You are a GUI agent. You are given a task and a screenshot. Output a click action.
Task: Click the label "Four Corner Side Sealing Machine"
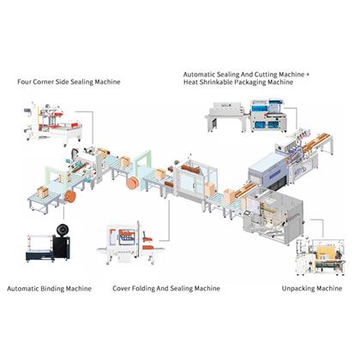point(69,81)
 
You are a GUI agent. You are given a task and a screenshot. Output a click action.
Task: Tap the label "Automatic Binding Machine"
point(49,289)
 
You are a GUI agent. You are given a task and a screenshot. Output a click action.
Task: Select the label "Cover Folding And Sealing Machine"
point(166,288)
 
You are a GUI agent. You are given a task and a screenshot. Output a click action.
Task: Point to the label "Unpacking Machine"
point(312,288)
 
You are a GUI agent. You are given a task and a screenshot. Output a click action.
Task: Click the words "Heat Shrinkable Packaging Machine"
point(238,82)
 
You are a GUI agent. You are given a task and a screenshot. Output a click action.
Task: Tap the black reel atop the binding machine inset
point(62,230)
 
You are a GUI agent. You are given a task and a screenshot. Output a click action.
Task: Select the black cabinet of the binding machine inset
point(61,248)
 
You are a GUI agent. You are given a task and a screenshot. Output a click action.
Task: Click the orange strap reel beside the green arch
point(133,183)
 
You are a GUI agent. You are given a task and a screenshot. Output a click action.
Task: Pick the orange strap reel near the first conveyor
point(70,196)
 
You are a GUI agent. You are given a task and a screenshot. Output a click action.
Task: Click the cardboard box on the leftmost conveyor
point(43,192)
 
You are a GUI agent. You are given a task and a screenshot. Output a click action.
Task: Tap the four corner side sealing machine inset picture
point(53,123)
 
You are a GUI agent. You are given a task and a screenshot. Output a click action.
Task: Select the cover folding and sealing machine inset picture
point(131,243)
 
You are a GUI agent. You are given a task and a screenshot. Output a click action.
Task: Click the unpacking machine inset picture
point(321,256)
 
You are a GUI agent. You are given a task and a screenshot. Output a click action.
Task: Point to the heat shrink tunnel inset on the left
point(226,117)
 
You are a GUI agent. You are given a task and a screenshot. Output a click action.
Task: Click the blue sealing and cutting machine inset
point(269,116)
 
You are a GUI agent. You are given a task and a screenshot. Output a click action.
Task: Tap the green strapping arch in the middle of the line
point(143,164)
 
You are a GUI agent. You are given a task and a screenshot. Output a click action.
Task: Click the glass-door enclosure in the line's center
point(195,181)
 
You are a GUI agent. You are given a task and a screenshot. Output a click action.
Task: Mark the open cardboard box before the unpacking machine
point(229,195)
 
